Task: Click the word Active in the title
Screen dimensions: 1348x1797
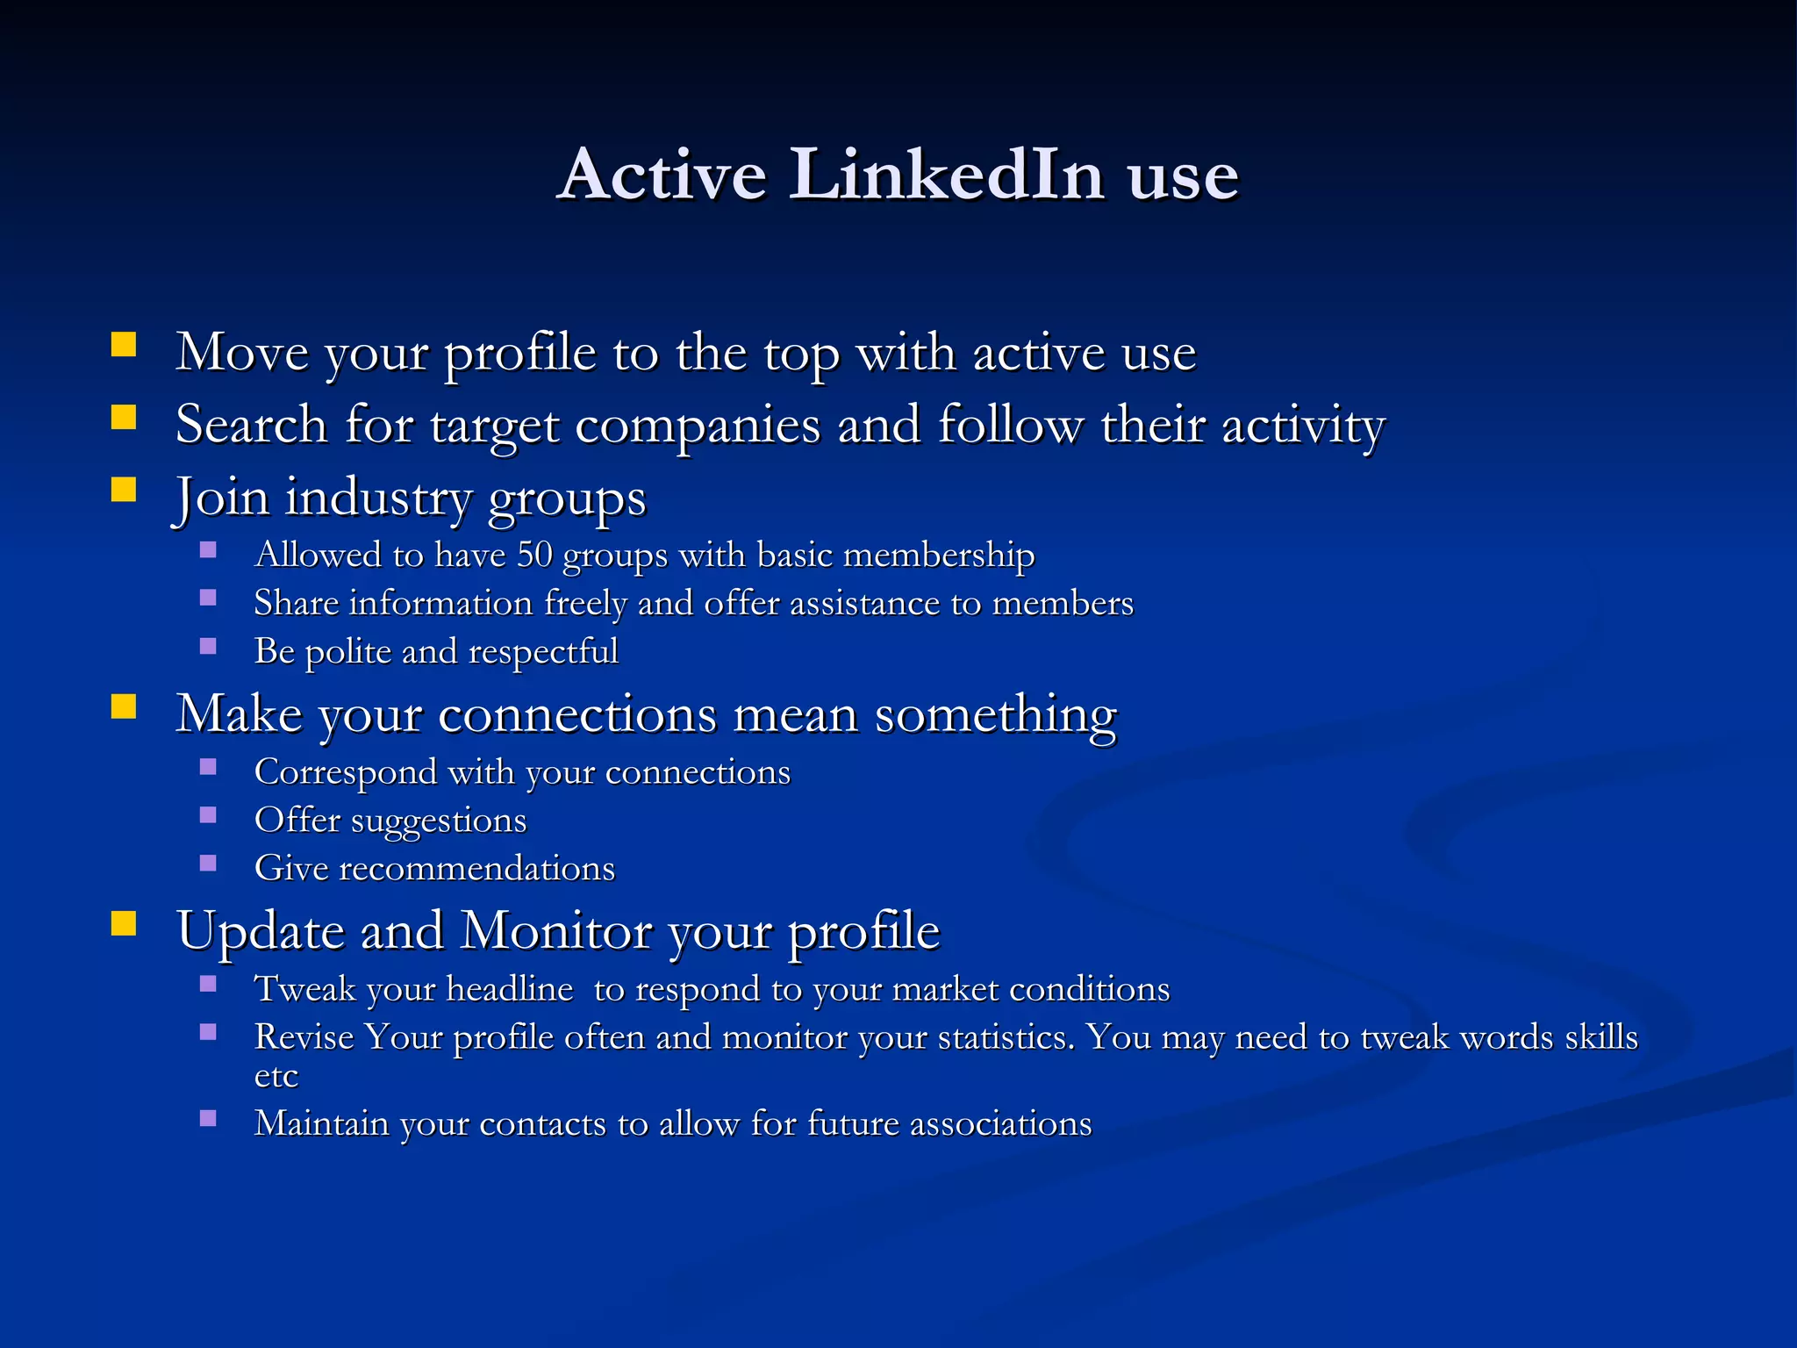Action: (662, 175)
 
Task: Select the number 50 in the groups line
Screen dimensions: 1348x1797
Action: (534, 555)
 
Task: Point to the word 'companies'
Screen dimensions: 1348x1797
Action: (698, 426)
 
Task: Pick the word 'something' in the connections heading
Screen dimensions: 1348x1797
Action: (995, 713)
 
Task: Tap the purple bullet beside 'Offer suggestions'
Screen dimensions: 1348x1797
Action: (208, 815)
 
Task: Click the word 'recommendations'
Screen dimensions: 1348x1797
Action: (476, 869)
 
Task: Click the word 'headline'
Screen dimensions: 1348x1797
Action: (509, 989)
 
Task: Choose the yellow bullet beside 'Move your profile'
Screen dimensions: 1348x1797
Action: (124, 344)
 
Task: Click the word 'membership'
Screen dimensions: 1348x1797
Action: (938, 555)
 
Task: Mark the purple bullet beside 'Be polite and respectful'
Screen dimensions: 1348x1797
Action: (208, 647)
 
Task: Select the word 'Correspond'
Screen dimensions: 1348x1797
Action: (346, 772)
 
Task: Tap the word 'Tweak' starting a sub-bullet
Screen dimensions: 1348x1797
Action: (304, 989)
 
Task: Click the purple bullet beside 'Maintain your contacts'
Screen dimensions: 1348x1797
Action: (208, 1119)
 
